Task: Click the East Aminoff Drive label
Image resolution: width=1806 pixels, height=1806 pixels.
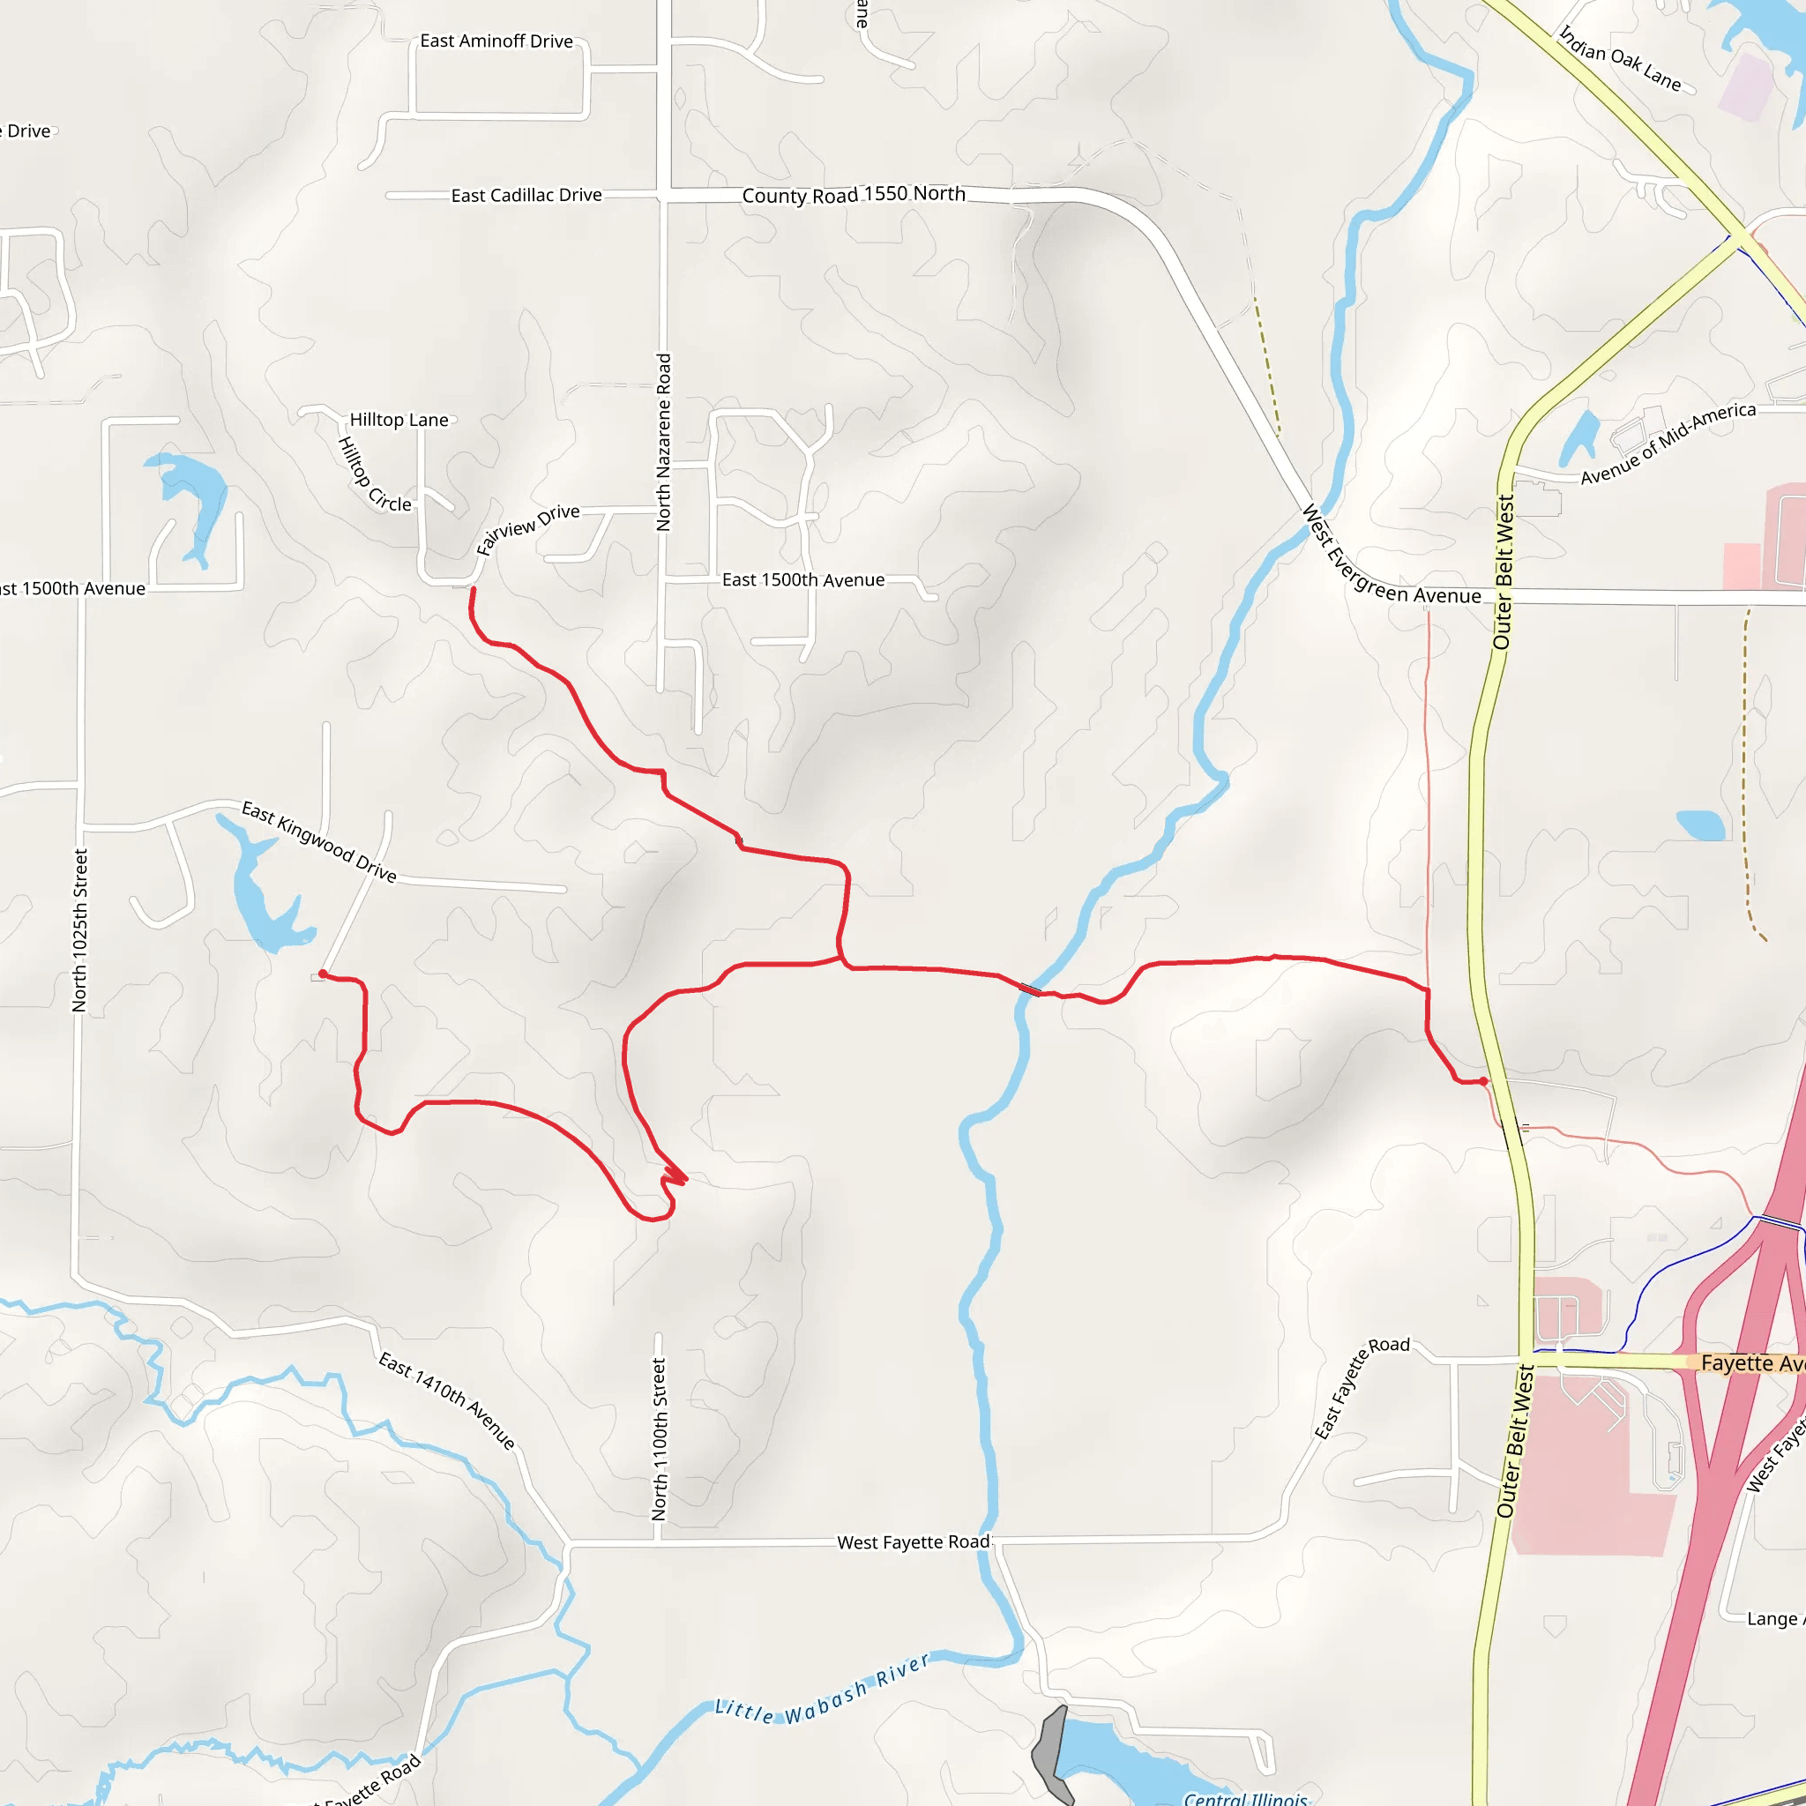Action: [496, 41]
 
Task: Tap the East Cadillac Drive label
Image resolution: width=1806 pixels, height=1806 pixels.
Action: [526, 196]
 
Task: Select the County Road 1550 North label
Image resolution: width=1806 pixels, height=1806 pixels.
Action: [854, 194]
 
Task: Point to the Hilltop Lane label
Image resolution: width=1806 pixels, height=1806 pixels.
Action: [399, 420]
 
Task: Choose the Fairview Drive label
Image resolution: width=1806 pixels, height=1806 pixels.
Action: [527, 529]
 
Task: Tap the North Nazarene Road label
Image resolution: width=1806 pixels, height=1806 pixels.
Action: [664, 442]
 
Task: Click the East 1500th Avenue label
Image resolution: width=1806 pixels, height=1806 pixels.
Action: [803, 580]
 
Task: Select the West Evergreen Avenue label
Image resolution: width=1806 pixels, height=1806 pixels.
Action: [1390, 559]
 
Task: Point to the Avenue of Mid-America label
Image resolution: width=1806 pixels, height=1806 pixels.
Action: [1668, 442]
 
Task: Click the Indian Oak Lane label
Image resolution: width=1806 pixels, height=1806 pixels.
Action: [1620, 58]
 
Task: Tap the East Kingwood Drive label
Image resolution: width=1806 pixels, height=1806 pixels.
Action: [318, 841]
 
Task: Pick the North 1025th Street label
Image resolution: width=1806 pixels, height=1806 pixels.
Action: [80, 930]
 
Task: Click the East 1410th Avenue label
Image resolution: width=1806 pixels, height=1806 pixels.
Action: [447, 1399]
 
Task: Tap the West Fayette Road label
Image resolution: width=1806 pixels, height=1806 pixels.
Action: [913, 1542]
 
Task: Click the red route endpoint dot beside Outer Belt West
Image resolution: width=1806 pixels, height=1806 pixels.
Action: [1483, 1081]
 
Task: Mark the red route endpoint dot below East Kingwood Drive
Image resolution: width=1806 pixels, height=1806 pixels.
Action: [323, 974]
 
